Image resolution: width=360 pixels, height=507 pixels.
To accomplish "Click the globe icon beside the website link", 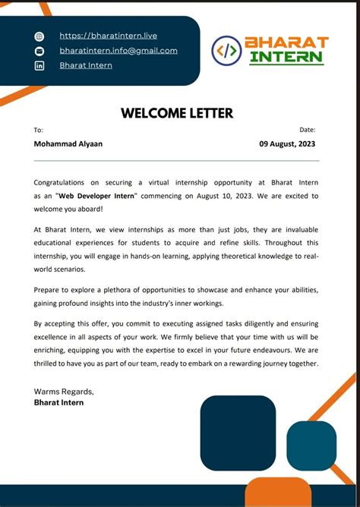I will coord(39,36).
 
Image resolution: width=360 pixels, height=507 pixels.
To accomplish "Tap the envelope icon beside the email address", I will coord(39,51).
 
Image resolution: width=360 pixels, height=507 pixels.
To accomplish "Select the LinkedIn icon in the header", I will coord(39,66).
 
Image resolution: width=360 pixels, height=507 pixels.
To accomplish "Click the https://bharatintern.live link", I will coord(108,36).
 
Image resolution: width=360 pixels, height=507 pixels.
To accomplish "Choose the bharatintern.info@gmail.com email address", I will coord(118,51).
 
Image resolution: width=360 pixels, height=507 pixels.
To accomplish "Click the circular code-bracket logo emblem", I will coord(226,51).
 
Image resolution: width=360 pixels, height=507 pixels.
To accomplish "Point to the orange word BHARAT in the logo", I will coord(286,43).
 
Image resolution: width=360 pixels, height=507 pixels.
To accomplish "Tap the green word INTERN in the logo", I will coord(286,58).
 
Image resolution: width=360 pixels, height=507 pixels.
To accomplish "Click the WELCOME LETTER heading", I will coord(176,114).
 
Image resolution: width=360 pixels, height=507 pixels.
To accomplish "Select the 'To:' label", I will coord(39,131).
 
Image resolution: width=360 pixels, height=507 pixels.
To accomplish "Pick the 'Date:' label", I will coord(307,131).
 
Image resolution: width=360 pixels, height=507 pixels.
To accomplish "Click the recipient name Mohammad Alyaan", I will coord(68,143).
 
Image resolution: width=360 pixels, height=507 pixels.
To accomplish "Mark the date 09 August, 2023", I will coord(286,143).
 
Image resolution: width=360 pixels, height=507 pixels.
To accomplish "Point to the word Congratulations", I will coord(61,182).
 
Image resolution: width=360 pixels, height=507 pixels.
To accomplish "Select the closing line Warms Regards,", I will coord(64,392).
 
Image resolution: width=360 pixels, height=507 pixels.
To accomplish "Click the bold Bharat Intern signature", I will coord(58,402).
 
